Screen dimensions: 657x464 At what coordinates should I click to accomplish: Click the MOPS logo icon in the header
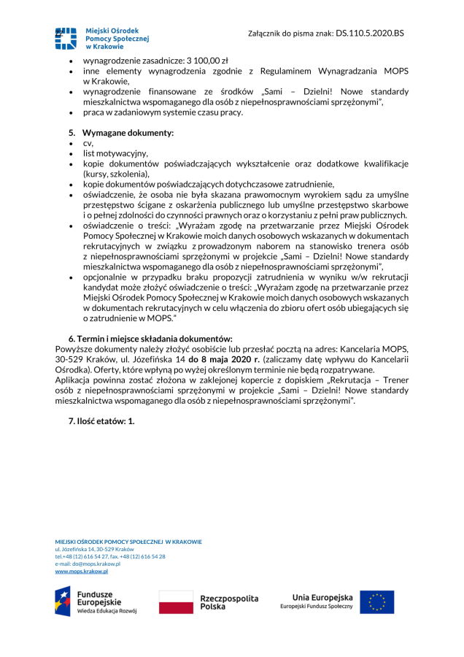coord(65,37)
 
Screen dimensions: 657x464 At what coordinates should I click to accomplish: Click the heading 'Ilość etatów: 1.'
coord(101,421)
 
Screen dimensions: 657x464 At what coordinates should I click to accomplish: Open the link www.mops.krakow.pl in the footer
coord(82,571)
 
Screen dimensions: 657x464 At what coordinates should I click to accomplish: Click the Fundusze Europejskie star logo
coord(62,601)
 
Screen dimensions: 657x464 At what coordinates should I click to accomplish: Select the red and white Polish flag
coord(176,602)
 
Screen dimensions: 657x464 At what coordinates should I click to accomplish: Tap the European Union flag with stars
coord(377,602)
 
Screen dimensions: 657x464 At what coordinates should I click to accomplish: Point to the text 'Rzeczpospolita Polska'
coord(229,602)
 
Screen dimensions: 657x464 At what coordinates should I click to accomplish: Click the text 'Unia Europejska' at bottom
coord(322,596)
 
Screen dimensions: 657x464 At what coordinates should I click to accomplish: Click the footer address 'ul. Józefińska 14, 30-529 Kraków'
coord(94,549)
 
